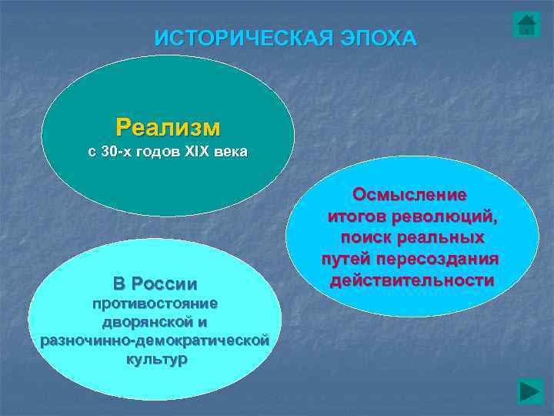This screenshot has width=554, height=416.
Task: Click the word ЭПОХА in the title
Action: coord(379,38)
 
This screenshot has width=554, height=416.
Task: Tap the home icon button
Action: coord(526,25)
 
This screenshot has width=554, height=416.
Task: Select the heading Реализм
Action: coord(168,126)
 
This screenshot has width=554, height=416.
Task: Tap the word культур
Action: coord(155,359)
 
